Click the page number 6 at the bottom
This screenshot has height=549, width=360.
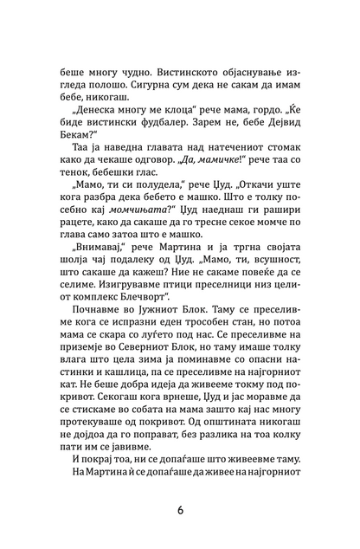tap(180, 509)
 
